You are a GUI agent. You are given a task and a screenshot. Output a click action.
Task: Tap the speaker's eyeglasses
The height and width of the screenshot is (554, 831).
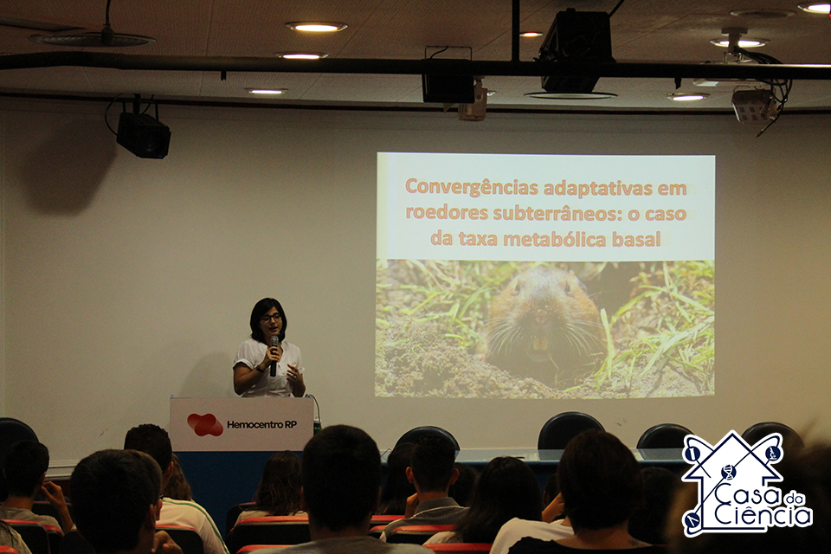coord(271,318)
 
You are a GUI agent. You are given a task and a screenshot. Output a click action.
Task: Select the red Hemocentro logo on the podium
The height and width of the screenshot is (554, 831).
coord(205,425)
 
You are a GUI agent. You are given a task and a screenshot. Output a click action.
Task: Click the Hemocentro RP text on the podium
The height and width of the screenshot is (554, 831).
coord(261,424)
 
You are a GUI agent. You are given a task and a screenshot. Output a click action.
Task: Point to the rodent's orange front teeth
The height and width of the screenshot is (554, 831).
coord(540,343)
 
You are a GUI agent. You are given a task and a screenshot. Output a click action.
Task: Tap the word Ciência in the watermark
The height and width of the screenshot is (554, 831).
coord(763,515)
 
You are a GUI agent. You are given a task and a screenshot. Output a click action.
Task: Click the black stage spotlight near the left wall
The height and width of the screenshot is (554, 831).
coord(143,135)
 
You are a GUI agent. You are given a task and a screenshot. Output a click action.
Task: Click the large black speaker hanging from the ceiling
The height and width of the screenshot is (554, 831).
coord(577,51)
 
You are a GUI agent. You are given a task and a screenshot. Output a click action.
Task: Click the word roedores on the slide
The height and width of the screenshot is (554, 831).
coord(447,213)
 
